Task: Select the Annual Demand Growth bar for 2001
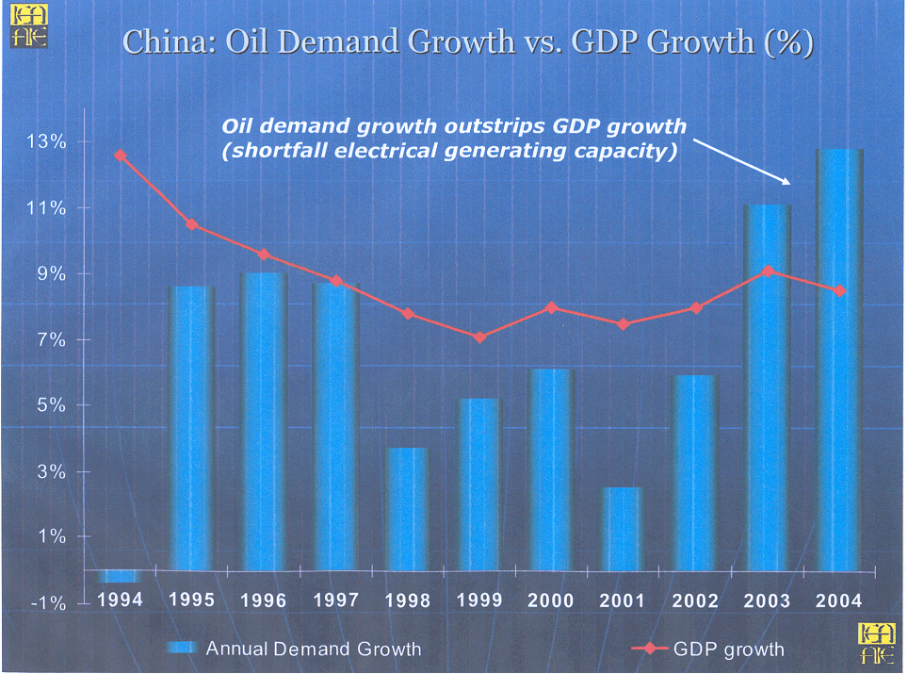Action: coord(623,529)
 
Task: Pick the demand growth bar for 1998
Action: coord(408,509)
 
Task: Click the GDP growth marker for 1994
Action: coord(119,156)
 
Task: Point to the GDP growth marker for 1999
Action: coord(479,337)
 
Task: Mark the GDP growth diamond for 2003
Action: coord(769,271)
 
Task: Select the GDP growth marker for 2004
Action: coord(840,290)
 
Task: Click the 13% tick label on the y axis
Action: coord(45,142)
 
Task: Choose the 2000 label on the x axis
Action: coord(551,600)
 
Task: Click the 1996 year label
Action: coord(263,600)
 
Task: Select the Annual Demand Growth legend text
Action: coord(313,649)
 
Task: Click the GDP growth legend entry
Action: coord(728,649)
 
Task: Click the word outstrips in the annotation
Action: coord(495,126)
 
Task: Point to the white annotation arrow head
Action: coord(789,181)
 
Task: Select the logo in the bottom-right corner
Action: coord(878,646)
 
